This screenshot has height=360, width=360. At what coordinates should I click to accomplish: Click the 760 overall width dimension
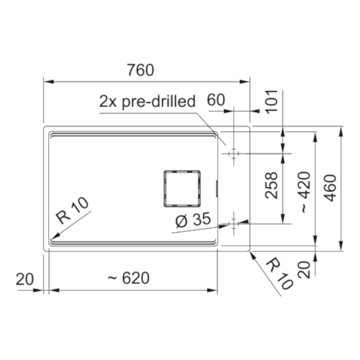pyautogui.click(x=140, y=70)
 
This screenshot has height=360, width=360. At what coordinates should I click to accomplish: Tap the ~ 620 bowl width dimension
pyautogui.click(x=129, y=278)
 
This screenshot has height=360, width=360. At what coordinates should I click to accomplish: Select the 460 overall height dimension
pyautogui.click(x=330, y=188)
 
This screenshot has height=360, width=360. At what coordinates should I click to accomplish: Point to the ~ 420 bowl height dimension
pyautogui.click(x=304, y=192)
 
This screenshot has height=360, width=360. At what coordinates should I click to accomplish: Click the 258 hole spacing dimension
pyautogui.click(x=271, y=185)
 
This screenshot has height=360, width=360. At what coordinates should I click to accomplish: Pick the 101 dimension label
pyautogui.click(x=271, y=102)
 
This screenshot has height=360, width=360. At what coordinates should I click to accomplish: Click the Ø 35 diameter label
pyautogui.click(x=193, y=220)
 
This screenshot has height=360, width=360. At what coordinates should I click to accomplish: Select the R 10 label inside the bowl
pyautogui.click(x=72, y=210)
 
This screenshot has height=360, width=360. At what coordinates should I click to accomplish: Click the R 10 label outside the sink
pyautogui.click(x=279, y=274)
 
